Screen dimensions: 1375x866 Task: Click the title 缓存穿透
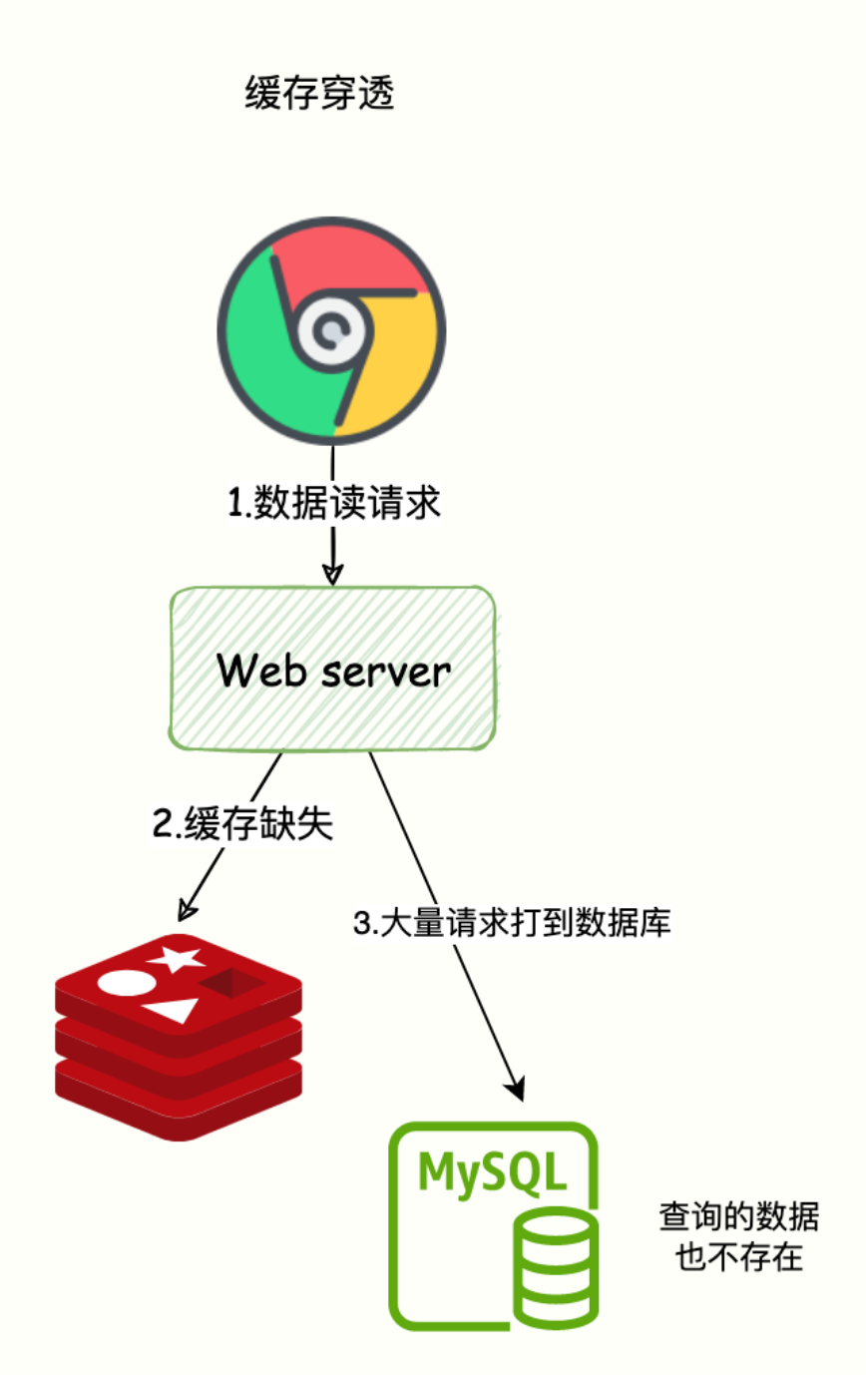(x=319, y=95)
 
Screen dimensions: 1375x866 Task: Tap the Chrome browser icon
(x=331, y=330)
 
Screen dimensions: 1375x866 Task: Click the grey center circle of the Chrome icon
(x=330, y=333)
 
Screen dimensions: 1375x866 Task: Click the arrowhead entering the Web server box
(x=332, y=575)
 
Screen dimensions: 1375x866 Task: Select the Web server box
(x=332, y=668)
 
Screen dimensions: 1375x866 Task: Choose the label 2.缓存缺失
(x=241, y=825)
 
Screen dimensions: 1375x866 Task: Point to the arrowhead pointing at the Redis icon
(x=186, y=909)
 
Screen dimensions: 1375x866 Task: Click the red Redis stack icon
(x=178, y=1037)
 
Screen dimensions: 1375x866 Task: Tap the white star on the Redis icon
(x=176, y=959)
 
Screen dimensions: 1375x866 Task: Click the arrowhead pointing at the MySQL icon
(x=516, y=1087)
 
